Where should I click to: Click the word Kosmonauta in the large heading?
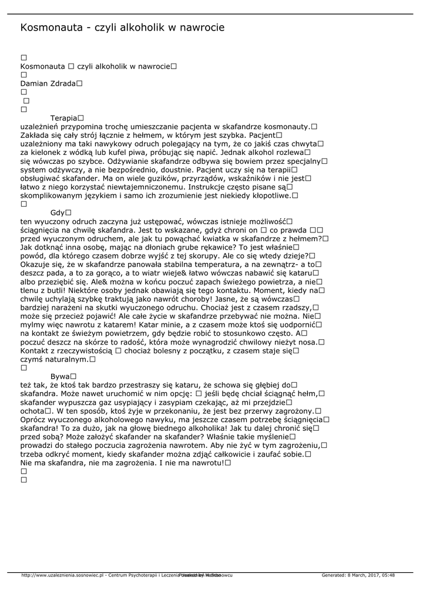(x=51, y=28)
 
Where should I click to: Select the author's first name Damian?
(x=34, y=84)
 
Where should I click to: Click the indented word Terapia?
(x=63, y=118)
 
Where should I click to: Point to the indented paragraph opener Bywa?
(x=60, y=376)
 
